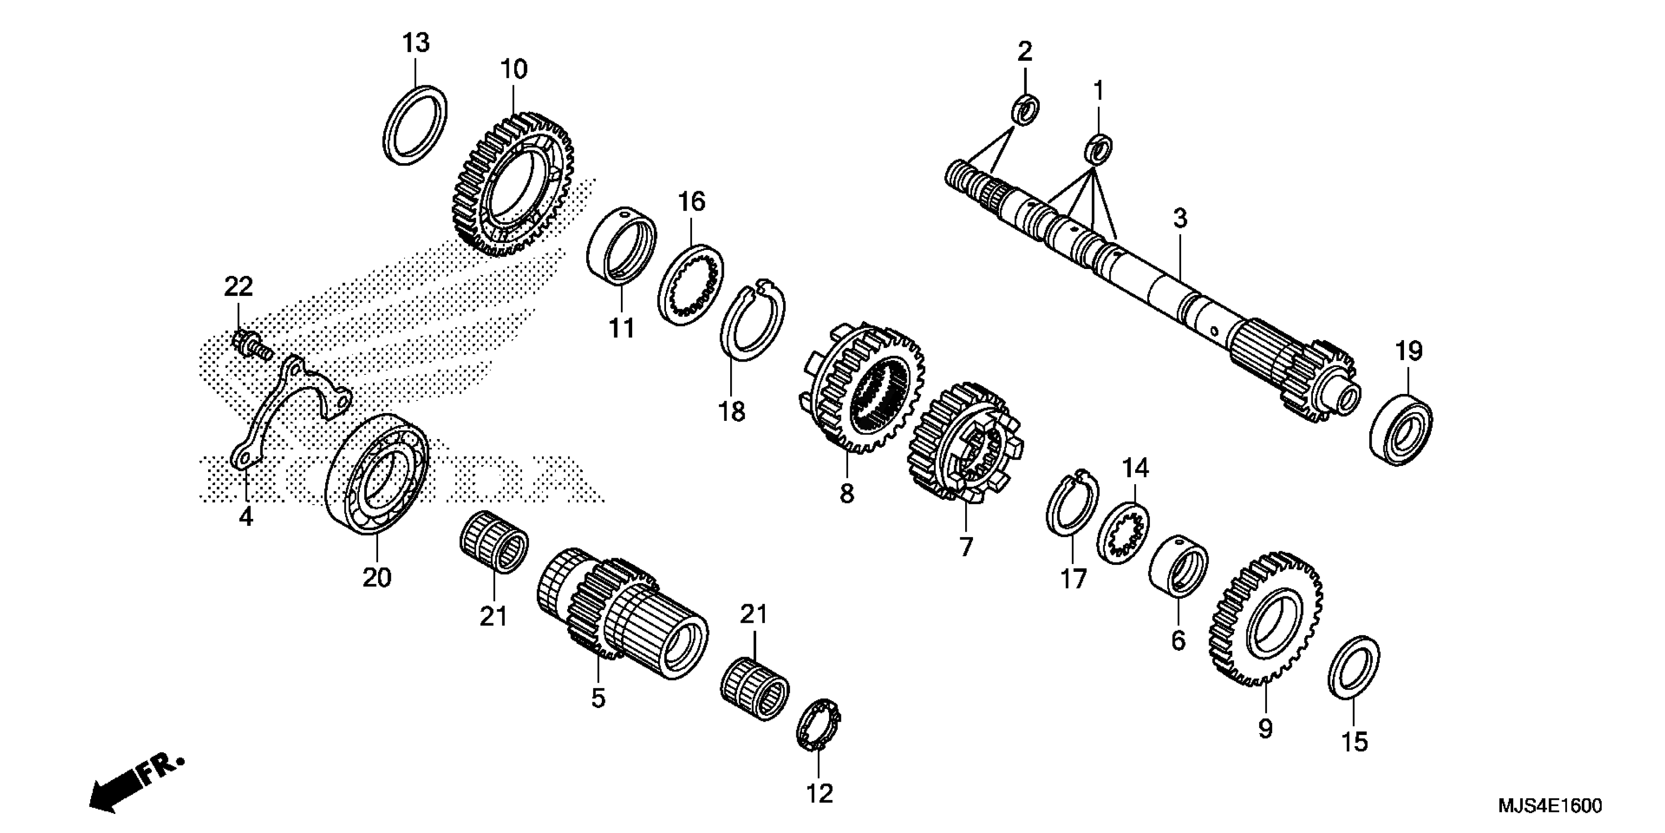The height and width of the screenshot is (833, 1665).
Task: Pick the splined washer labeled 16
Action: click(x=691, y=285)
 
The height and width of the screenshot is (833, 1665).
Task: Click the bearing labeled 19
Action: click(x=1401, y=429)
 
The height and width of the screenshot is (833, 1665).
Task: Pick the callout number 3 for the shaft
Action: click(x=1180, y=219)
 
